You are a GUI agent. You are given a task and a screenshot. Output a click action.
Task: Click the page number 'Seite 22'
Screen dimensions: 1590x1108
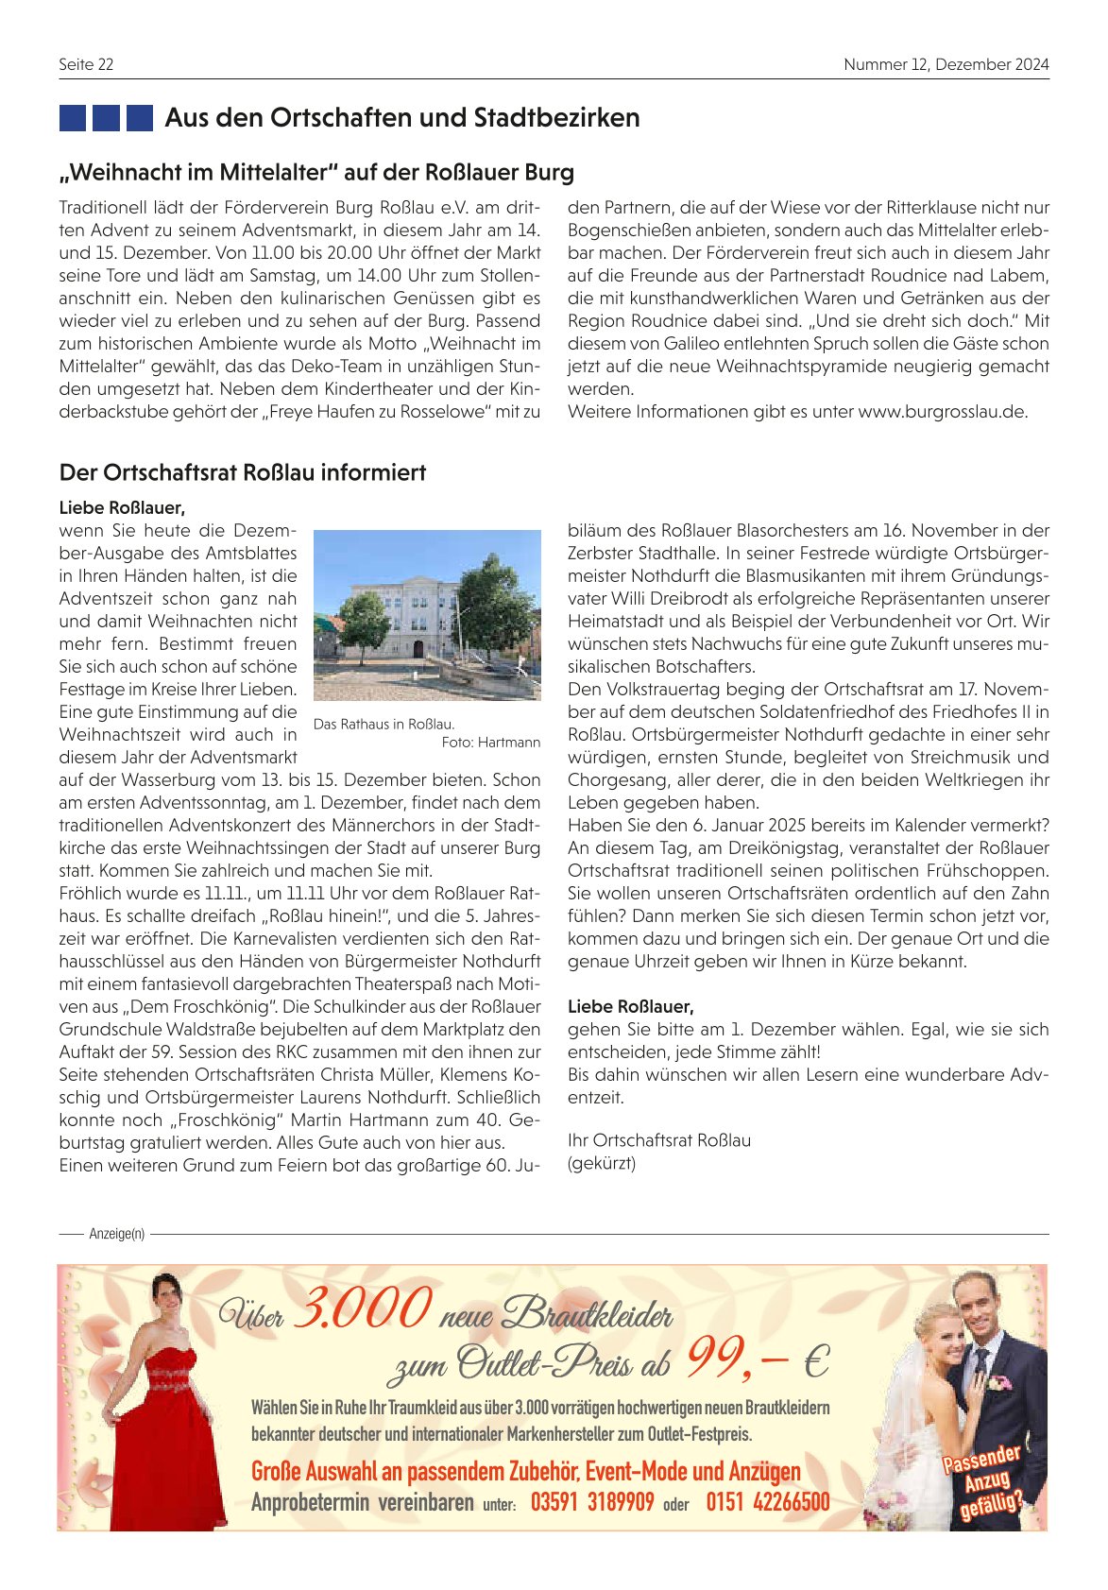tap(86, 64)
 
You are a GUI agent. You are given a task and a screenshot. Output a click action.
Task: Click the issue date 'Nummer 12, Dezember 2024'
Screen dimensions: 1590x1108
tap(946, 64)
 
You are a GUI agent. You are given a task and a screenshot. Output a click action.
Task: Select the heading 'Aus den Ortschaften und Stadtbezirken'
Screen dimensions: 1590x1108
tap(402, 118)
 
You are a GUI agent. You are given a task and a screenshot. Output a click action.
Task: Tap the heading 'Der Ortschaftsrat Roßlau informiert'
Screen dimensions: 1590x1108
tap(243, 472)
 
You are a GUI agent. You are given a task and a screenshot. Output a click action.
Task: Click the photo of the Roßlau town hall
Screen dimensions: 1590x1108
tap(427, 615)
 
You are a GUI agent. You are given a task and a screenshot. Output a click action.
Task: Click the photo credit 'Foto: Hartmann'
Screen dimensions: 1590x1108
tap(491, 743)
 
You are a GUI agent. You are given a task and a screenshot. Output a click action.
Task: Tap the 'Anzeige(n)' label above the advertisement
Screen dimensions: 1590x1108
tap(116, 1234)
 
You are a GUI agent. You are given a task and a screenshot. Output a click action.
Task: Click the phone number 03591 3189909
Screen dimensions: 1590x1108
tap(592, 1502)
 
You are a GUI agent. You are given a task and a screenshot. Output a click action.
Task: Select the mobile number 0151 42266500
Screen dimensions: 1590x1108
tap(768, 1502)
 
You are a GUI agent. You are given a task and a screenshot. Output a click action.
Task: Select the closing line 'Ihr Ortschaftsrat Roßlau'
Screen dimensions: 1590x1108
tap(659, 1140)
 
